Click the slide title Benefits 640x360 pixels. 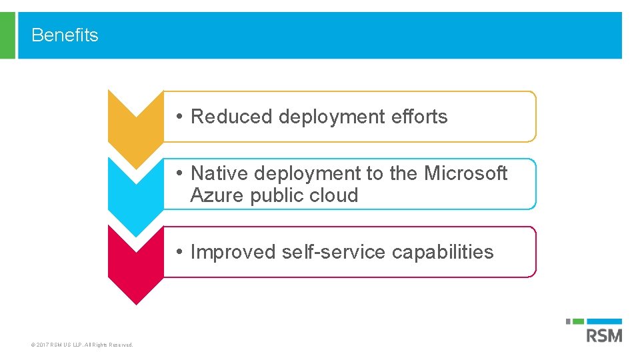pos(65,35)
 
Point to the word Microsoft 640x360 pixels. pos(466,173)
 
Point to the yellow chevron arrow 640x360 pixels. pos(135,123)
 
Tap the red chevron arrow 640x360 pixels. pos(135,260)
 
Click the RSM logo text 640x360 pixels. pos(604,335)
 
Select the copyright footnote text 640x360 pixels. pos(82,345)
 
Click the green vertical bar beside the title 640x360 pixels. pos(7,35)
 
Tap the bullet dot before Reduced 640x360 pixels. pos(180,117)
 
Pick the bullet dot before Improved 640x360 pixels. pos(180,252)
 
